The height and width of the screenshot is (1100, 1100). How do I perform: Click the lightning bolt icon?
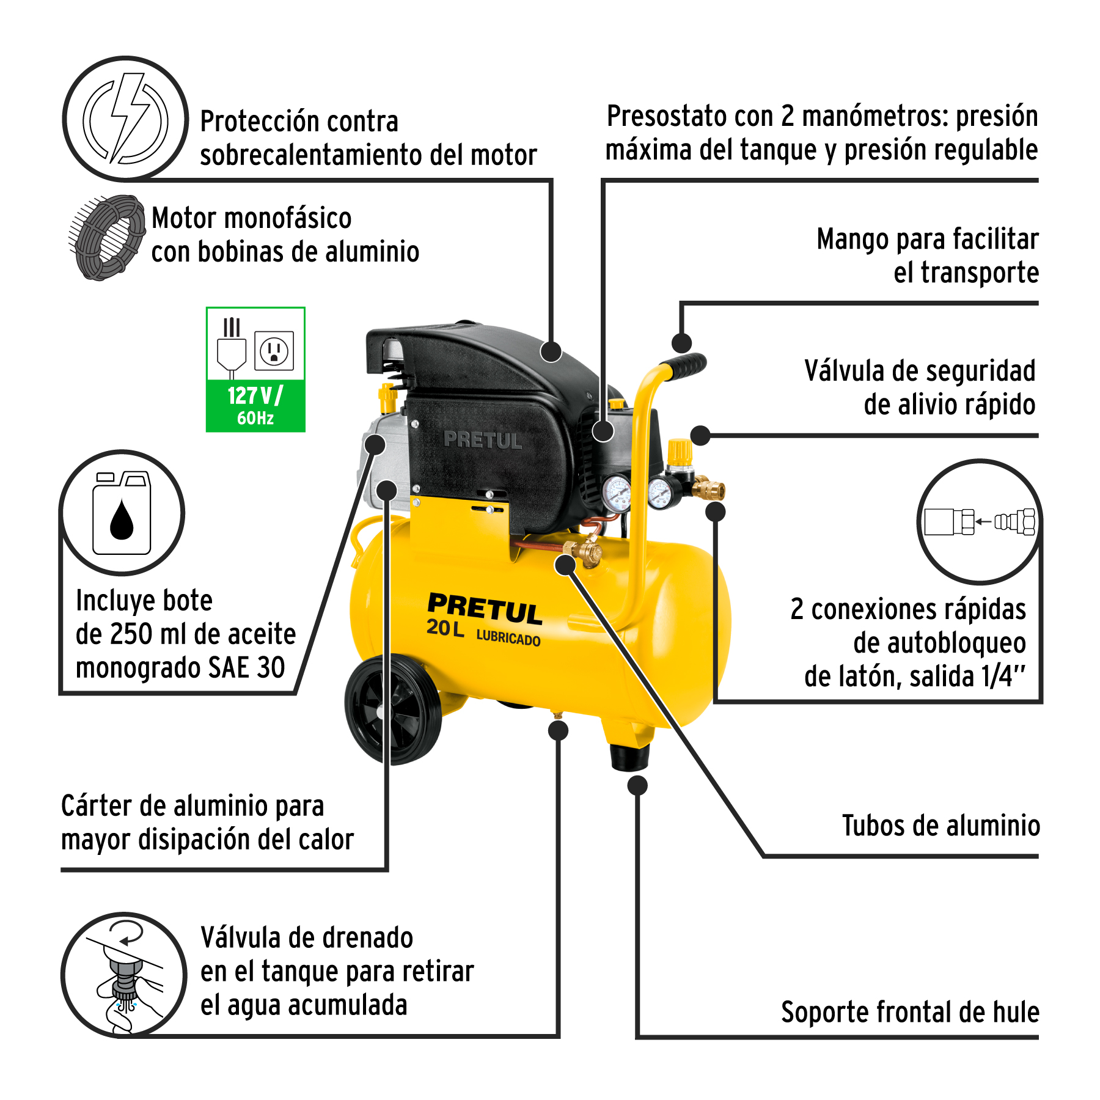[x=125, y=119]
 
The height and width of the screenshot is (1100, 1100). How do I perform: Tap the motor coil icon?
[x=108, y=237]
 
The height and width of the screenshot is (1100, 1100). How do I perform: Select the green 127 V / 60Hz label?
[x=255, y=406]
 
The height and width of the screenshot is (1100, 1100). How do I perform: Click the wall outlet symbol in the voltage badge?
[x=274, y=351]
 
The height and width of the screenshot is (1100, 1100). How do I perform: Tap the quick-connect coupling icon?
[x=980, y=522]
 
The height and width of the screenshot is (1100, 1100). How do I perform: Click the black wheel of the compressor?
[x=393, y=709]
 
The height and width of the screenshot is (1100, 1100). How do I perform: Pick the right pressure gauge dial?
[x=660, y=494]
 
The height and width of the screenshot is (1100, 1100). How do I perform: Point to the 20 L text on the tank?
[x=446, y=628]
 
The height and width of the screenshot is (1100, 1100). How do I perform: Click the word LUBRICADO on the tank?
[x=508, y=638]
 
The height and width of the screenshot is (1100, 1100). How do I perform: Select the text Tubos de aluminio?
[x=941, y=826]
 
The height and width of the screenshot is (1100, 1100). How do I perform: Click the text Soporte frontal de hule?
[x=910, y=1012]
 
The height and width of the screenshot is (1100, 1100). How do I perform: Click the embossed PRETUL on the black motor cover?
[x=483, y=439]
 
